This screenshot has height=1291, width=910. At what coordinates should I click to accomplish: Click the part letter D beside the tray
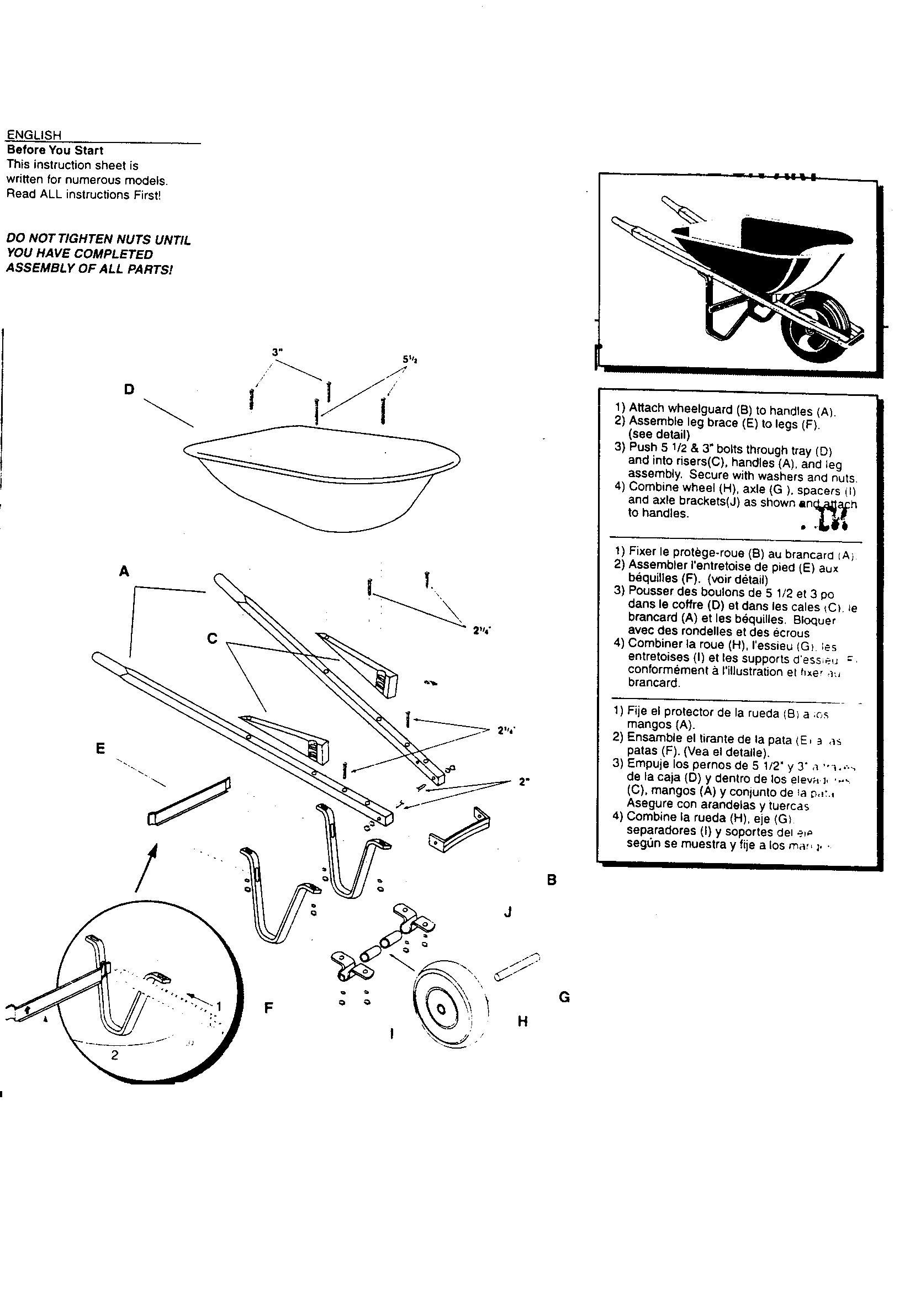coord(129,389)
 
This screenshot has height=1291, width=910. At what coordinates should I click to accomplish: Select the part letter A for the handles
coord(124,572)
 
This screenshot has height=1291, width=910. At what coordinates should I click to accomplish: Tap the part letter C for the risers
coord(212,639)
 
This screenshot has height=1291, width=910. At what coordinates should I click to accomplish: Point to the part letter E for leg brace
coord(100,748)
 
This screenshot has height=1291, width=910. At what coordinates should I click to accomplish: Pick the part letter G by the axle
coord(564,997)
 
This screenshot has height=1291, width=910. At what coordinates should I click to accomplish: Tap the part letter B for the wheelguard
coord(551,880)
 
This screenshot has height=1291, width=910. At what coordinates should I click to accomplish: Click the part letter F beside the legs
coord(269,1008)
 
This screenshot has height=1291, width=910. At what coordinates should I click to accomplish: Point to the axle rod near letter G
coord(517,966)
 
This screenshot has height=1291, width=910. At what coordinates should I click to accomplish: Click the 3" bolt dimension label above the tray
coord(276,352)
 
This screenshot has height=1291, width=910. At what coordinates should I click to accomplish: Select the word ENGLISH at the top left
coord(34,135)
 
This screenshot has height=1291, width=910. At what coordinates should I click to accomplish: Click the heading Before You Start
coord(55,150)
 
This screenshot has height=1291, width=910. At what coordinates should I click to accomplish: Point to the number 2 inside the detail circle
coord(115,1055)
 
